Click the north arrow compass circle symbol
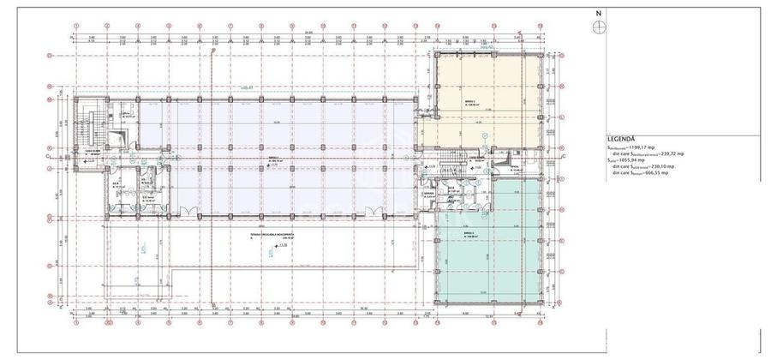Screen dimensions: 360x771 [597, 26]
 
